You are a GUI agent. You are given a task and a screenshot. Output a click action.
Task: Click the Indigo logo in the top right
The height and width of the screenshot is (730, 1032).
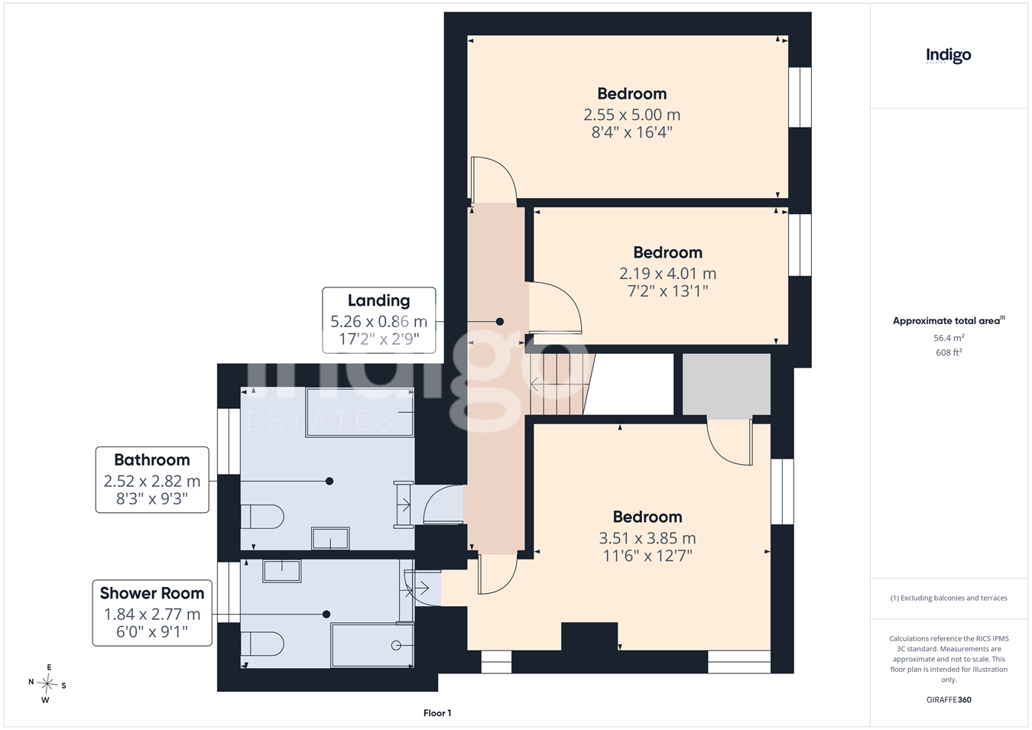[948, 57]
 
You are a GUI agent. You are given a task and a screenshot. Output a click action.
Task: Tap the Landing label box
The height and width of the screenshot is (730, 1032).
[378, 320]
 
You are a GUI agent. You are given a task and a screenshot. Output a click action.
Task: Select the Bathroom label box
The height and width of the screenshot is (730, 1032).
[152, 479]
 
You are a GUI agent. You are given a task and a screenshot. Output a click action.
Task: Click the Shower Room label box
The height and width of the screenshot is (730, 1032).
[152, 612]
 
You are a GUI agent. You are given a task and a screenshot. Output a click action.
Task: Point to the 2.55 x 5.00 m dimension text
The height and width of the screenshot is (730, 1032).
[631, 114]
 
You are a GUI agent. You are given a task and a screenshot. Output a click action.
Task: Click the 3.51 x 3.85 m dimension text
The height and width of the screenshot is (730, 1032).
[647, 538]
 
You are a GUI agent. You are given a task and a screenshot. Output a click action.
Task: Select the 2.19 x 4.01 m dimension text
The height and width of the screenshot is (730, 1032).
[667, 274]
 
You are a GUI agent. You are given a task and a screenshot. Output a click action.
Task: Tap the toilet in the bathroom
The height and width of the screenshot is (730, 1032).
[261, 517]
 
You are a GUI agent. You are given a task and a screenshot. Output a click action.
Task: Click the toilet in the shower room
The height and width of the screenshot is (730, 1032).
[261, 644]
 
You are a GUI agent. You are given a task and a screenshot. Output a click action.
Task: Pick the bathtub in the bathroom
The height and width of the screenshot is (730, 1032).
[359, 412]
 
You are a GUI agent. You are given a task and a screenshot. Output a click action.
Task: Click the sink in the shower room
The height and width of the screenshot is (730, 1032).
[281, 571]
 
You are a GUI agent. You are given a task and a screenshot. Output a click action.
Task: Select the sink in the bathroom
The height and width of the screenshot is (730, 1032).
[330, 538]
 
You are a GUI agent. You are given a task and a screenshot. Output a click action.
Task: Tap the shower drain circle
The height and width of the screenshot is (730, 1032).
[396, 646]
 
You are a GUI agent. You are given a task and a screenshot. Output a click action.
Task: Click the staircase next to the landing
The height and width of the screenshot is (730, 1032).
[560, 384]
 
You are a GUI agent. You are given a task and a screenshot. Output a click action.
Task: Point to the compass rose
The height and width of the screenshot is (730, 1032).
[47, 684]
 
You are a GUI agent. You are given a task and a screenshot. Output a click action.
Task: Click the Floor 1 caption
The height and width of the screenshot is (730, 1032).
[437, 713]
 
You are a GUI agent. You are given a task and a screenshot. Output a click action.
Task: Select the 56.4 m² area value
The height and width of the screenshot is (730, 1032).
[949, 338]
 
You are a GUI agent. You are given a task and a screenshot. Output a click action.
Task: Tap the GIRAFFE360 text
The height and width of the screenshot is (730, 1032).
[949, 699]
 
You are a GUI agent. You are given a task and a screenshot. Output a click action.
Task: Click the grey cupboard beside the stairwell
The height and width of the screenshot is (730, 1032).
[726, 384]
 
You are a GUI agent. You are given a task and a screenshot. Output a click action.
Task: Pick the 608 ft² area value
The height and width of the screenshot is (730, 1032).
[949, 352]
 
